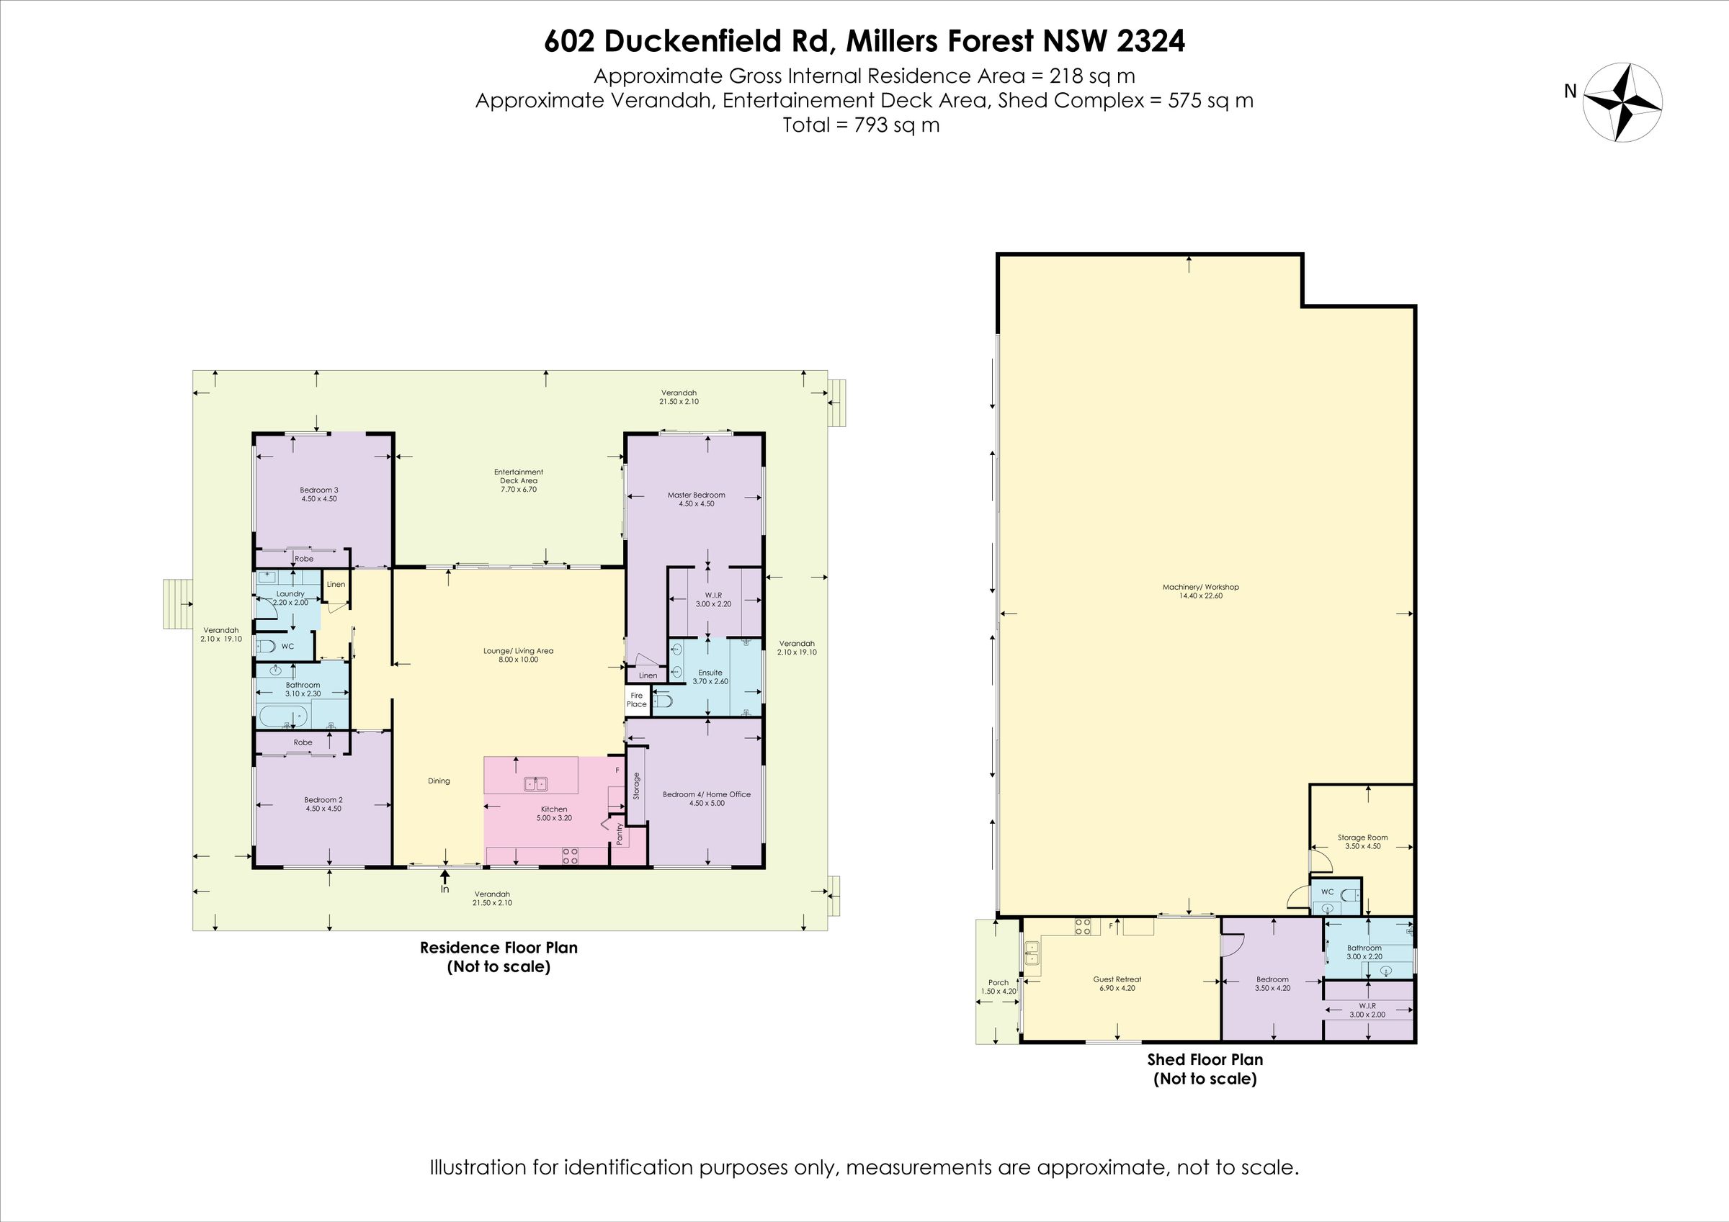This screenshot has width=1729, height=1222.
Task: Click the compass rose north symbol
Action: [1622, 103]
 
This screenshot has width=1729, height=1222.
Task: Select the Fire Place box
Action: [636, 700]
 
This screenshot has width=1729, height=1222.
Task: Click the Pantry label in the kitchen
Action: [620, 833]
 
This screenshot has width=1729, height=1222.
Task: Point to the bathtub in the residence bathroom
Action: [283, 715]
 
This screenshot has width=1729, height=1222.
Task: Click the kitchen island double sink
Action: [535, 783]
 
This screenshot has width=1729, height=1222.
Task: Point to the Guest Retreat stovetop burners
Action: [1083, 927]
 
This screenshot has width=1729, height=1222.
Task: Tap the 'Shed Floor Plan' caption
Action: [1205, 1060]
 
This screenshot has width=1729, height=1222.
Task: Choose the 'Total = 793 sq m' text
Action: [862, 125]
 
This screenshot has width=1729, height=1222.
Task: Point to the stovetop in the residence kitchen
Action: [571, 855]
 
